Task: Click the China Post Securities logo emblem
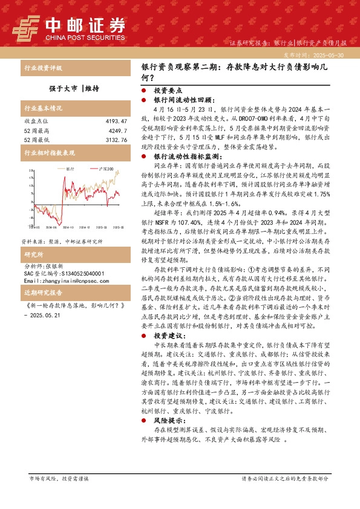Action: click(x=27, y=27)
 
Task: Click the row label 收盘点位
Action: click(x=34, y=122)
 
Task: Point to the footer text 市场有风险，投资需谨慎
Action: click(x=59, y=478)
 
